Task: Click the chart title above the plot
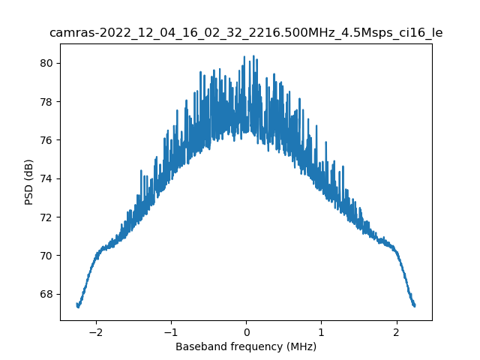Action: (246, 33)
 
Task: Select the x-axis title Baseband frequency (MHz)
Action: (246, 346)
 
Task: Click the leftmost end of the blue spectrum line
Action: (77, 305)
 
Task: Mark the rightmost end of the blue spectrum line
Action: (415, 305)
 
